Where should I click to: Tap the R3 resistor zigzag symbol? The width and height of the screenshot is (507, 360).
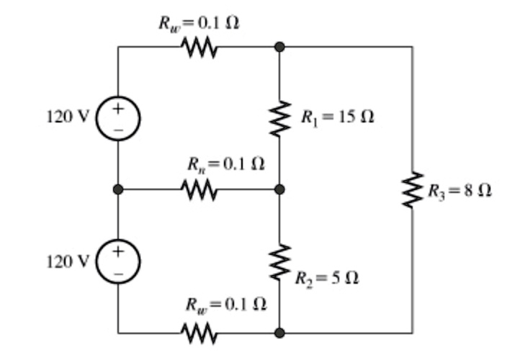point(412,190)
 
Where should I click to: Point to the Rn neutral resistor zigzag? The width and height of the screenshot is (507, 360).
point(199,189)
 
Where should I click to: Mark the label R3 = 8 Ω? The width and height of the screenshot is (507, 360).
point(459,191)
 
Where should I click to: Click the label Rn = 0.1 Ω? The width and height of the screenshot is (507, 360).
point(224,165)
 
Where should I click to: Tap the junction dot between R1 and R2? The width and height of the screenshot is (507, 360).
point(279,189)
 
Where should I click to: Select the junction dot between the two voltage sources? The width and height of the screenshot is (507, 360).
point(118,189)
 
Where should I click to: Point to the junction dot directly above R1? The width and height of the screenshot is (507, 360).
point(279,47)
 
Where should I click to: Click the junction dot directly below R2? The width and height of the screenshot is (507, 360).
point(279,333)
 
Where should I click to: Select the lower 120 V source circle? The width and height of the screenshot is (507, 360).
point(118,261)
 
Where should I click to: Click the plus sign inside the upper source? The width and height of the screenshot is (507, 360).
point(118,109)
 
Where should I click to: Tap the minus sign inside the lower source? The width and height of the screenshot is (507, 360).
point(118,273)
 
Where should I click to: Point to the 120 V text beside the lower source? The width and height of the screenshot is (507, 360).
point(66,261)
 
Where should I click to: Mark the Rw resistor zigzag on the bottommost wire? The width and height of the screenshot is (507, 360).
point(199,333)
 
